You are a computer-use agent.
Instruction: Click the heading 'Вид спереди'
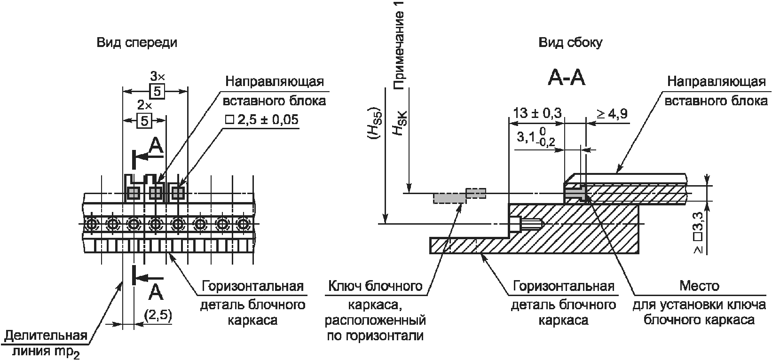(137, 43)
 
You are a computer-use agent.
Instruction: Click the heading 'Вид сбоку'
(570, 43)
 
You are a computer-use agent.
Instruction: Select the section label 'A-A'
(566, 78)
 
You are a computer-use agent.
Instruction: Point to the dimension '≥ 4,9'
(612, 113)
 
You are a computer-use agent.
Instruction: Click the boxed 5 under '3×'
(157, 91)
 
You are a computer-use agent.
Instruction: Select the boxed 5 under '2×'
(144, 121)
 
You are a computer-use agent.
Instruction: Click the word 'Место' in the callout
(699, 286)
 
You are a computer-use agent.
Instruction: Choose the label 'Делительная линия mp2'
(46, 344)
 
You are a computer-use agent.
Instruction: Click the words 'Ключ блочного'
(374, 286)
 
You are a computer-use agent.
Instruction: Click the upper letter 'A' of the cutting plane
(156, 146)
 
